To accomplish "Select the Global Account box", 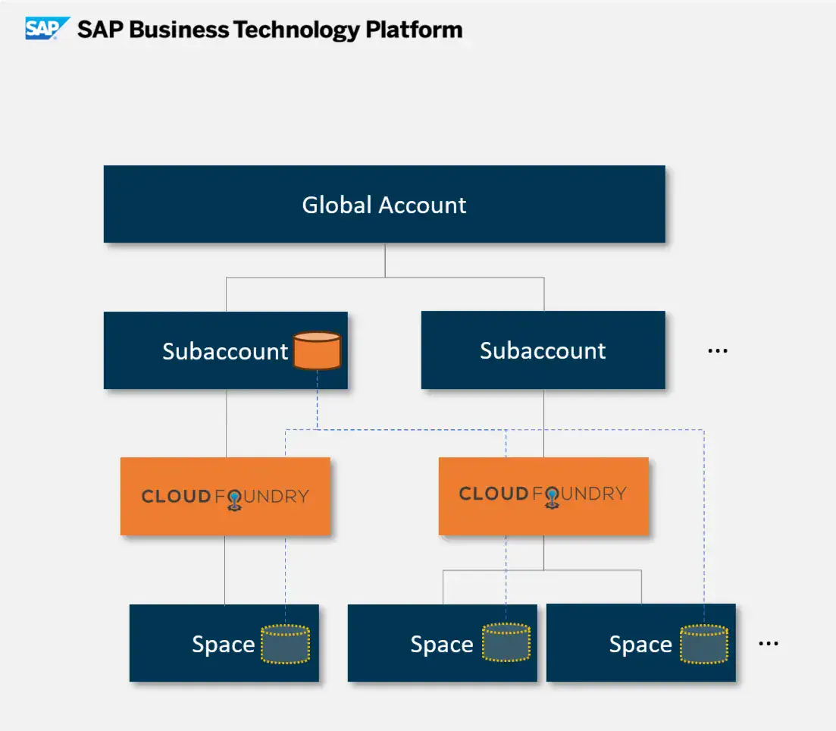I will [x=384, y=205].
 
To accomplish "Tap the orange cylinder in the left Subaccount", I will [x=317, y=350].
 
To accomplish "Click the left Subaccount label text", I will [x=225, y=351].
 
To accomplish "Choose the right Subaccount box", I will [x=543, y=350].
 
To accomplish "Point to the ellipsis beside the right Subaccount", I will [x=717, y=351].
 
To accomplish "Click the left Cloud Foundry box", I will [x=225, y=497].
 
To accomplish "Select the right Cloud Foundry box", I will [x=543, y=495].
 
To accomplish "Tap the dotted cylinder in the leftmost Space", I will [x=285, y=644].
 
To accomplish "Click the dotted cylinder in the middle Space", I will [x=506, y=642].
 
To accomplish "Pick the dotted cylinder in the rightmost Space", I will [x=703, y=643].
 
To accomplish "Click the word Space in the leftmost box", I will [x=223, y=645].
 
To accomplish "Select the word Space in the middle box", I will [x=441, y=645].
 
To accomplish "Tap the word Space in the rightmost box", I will [x=640, y=645].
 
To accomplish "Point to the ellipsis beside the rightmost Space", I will [x=768, y=644].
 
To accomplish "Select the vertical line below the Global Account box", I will [x=385, y=260].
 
